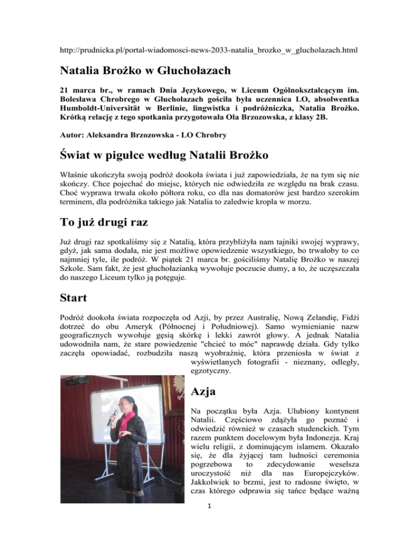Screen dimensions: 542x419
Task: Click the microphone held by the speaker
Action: (112, 418)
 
